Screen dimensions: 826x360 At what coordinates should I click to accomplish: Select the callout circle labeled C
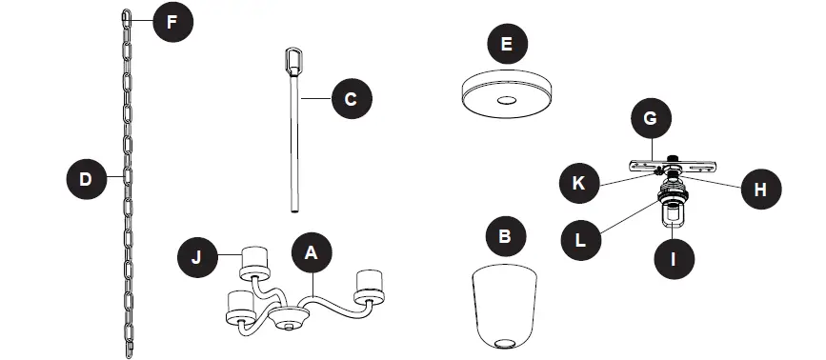pos(352,98)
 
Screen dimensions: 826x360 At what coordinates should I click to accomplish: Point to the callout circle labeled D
pos(87,178)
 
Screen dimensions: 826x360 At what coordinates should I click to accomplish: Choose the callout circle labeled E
pos(506,44)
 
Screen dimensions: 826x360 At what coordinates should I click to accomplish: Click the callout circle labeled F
pos(171,23)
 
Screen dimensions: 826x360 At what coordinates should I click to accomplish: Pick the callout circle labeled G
pos(651,119)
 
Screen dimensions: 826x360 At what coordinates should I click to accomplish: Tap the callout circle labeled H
pos(759,189)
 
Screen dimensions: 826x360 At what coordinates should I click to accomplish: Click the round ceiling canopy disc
pos(505,96)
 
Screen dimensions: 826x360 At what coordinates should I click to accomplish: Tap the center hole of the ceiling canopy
pos(505,98)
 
